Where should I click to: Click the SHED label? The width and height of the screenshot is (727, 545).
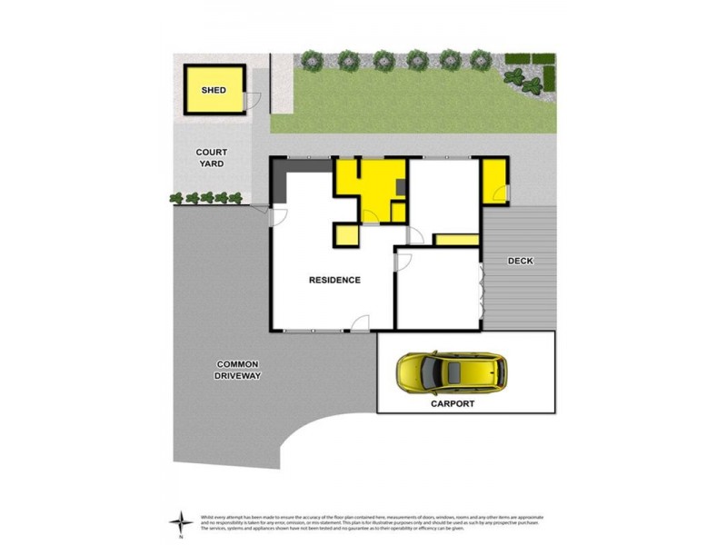click(214, 91)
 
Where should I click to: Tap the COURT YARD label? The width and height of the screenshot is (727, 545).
click(210, 158)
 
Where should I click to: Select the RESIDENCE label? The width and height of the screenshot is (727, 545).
click(334, 280)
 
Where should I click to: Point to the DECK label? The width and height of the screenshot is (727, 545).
click(521, 262)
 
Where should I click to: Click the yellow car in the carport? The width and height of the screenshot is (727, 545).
click(449, 371)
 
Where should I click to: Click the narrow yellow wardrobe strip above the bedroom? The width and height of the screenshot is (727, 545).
click(456, 240)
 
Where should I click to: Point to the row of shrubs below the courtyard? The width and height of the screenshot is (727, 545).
click(205, 197)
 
